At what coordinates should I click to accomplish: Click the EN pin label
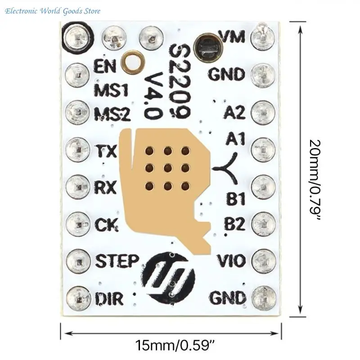104,66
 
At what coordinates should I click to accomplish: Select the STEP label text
117,261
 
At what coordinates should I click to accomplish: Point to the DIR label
109,298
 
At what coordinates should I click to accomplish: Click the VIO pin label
231,261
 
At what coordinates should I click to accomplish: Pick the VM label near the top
232,36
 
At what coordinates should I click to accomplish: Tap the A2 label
234,112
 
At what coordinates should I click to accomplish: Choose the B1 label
236,198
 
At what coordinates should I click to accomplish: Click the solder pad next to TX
77,149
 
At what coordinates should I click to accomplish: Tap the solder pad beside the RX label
77,187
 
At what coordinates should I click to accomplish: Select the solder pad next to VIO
264,261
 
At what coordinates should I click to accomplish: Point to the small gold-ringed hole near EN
133,62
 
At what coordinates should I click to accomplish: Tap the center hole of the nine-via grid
168,169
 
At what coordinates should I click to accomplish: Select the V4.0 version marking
153,96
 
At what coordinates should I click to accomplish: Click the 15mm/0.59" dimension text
175,345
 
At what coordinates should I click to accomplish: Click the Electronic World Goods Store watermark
53,11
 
